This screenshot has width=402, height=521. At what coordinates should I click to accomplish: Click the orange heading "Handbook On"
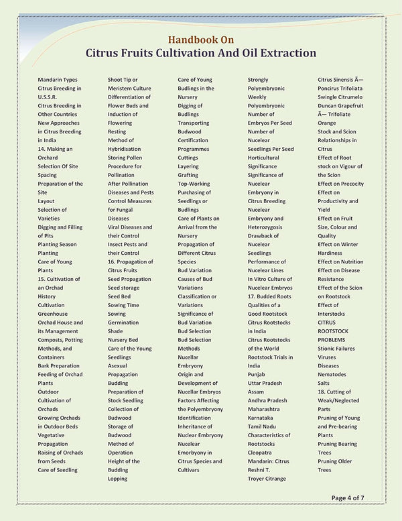coord(201,40)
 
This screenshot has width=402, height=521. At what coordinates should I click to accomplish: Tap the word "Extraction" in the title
coord(284,53)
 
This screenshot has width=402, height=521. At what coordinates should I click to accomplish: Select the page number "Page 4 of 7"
coord(357,498)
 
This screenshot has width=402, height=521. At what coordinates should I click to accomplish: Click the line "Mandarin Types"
coord(58,80)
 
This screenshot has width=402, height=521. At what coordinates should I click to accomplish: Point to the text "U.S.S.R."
coord(48,97)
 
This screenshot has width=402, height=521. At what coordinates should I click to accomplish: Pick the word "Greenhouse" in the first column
coord(54,314)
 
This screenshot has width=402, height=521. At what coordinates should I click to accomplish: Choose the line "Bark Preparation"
coord(58,366)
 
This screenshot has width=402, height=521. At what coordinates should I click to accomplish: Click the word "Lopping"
coord(119,479)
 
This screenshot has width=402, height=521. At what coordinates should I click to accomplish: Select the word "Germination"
coord(124,323)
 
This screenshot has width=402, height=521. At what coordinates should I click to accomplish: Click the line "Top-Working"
coord(194,184)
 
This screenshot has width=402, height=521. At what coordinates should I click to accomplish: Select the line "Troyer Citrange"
coord(267,479)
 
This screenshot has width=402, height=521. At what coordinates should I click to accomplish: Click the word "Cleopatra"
coord(261,453)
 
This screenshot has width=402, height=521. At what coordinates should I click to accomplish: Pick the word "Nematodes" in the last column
coord(333,375)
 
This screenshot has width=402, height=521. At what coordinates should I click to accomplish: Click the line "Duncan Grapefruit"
coord(341,106)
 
